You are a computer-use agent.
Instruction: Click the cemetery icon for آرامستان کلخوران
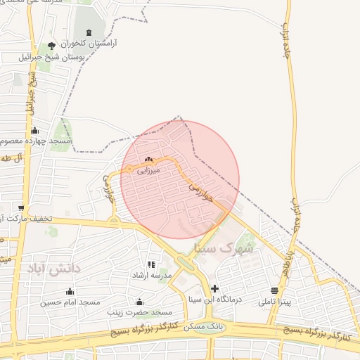(x=89, y=33)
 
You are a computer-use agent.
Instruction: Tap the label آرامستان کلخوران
(x=89, y=44)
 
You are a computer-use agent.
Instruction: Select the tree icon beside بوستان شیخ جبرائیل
(x=51, y=46)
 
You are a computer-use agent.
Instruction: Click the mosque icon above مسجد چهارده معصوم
(x=35, y=131)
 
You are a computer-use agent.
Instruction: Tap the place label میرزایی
(x=148, y=169)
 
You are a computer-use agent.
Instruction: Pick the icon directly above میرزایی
(x=148, y=160)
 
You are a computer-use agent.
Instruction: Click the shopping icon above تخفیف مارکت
(x=22, y=208)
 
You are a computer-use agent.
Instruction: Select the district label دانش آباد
(x=54, y=268)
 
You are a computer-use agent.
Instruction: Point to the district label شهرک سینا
(x=217, y=248)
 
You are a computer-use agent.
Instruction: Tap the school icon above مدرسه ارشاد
(x=151, y=265)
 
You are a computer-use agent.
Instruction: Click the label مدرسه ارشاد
(x=152, y=276)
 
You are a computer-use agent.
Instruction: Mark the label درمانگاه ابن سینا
(x=215, y=299)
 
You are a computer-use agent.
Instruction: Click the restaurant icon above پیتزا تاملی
(x=274, y=291)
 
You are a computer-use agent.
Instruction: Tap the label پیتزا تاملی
(x=274, y=302)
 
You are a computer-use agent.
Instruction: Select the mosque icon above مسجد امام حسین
(x=70, y=292)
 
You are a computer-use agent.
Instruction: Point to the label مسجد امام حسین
(x=70, y=302)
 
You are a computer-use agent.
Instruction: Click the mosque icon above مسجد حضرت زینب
(x=139, y=302)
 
